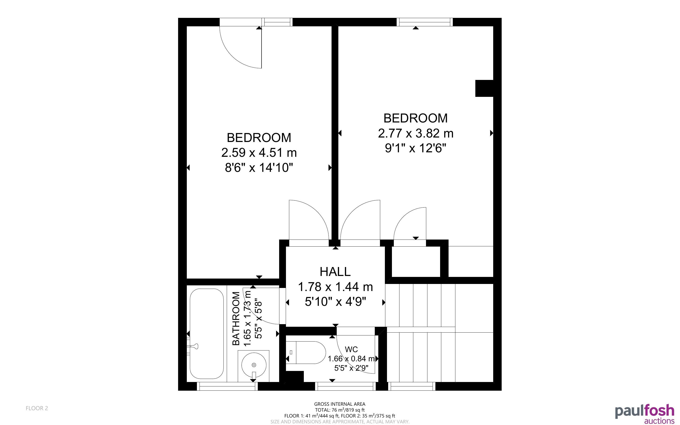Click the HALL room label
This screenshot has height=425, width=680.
pyautogui.click(x=335, y=272)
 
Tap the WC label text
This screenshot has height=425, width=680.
pyautogui.click(x=351, y=349)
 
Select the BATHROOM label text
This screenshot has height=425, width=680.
pyautogui.click(x=236, y=319)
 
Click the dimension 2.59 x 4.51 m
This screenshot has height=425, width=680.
pyautogui.click(x=259, y=153)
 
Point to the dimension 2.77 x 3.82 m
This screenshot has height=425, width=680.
pyautogui.click(x=416, y=133)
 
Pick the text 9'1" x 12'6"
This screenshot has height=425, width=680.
pyautogui.click(x=416, y=148)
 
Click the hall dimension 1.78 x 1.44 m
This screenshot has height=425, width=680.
pyautogui.click(x=335, y=287)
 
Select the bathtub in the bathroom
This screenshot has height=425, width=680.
pyautogui.click(x=207, y=334)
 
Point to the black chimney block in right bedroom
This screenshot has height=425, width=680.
pyautogui.click(x=484, y=88)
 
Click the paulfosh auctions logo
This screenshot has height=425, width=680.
pyautogui.click(x=645, y=414)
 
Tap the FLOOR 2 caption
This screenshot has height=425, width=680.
pyautogui.click(x=37, y=408)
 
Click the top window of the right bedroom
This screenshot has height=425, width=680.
pyautogui.click(x=426, y=22)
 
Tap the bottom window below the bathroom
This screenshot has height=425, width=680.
pyautogui.click(x=227, y=386)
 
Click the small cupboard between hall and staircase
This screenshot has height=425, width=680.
pyautogui.click(x=416, y=262)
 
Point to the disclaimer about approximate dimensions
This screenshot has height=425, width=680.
pyautogui.click(x=340, y=422)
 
